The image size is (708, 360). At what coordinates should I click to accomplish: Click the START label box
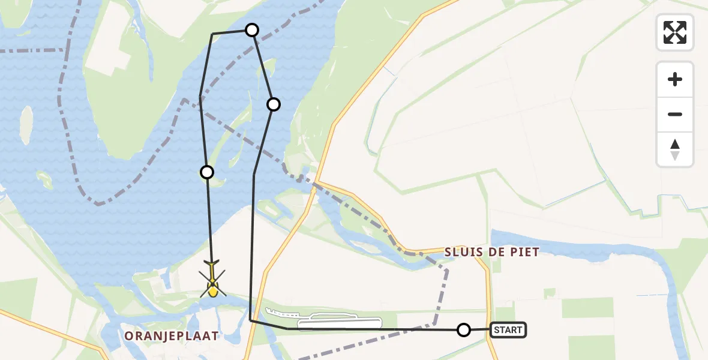(x=509, y=329)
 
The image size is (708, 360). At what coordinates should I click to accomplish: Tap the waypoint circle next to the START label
(x=464, y=329)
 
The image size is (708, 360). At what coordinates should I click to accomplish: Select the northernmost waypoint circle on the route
(x=252, y=30)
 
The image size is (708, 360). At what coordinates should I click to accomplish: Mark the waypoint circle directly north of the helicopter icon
(x=206, y=172)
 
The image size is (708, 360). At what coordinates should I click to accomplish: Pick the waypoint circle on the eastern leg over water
(x=273, y=104)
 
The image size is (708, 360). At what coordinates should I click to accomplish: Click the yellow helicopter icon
(x=212, y=280)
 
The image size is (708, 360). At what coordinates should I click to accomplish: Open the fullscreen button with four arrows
(x=674, y=32)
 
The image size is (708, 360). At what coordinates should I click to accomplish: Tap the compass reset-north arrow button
(x=674, y=149)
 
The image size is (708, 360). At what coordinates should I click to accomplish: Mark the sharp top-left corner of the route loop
(x=212, y=35)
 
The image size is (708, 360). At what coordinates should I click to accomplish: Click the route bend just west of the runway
(x=250, y=320)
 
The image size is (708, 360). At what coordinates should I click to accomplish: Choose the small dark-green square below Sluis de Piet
(x=550, y=293)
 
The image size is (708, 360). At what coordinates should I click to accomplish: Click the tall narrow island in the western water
(x=26, y=124)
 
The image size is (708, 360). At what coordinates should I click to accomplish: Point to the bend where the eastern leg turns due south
(x=254, y=175)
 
